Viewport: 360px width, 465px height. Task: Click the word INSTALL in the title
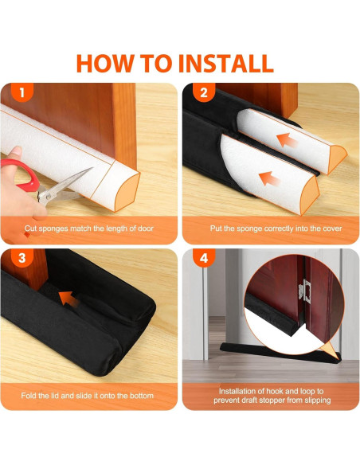coord(226,63)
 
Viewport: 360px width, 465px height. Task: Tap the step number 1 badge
coord(22,92)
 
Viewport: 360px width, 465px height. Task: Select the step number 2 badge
coord(204,92)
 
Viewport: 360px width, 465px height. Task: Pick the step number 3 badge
coord(22,258)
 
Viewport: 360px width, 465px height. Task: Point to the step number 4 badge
coord(204,258)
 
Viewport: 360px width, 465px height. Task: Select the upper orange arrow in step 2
coord(287,140)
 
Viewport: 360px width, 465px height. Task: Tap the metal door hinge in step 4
coord(305,291)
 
